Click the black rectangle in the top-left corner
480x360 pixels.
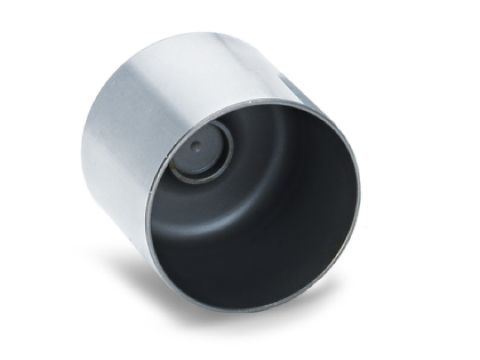coord(20,18)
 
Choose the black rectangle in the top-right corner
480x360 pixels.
coord(460,18)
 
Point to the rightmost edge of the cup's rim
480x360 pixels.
coord(361,198)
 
